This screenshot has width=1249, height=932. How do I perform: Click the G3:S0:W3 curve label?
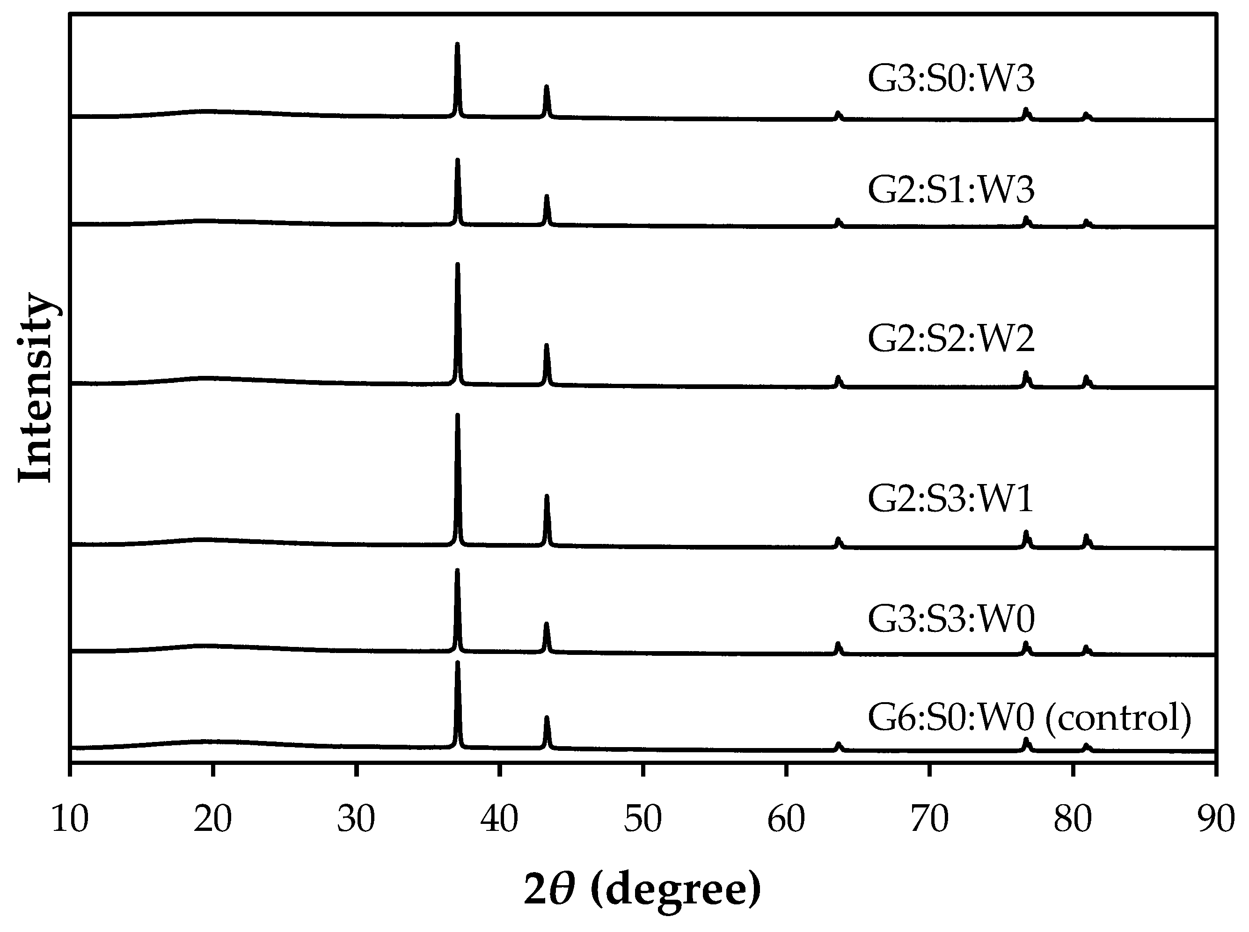tap(951, 79)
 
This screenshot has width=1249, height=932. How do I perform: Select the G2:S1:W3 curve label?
tap(951, 190)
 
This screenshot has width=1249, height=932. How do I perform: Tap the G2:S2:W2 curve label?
tap(951, 340)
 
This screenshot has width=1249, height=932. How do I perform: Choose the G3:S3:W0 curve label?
tap(951, 619)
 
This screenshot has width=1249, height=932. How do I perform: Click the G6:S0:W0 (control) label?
tap(1029, 718)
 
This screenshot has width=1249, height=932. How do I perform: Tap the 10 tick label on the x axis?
tap(69, 819)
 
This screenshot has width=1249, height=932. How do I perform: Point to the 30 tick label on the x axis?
tap(357, 819)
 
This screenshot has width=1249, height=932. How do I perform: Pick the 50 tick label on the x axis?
tap(643, 819)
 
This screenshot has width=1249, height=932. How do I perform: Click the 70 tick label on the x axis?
tap(929, 819)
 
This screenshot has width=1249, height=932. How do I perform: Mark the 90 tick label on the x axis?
tap(1216, 819)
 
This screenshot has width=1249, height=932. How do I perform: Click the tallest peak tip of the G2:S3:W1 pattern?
tap(457, 416)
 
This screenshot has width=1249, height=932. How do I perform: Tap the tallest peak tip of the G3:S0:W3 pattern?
tap(457, 44)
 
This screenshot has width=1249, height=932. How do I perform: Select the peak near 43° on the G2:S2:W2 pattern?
tap(546, 345)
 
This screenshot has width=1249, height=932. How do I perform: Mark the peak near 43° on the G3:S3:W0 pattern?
tap(546, 624)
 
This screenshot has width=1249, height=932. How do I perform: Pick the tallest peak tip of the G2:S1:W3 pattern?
tap(457, 161)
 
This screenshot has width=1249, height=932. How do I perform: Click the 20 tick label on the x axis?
tap(212, 819)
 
